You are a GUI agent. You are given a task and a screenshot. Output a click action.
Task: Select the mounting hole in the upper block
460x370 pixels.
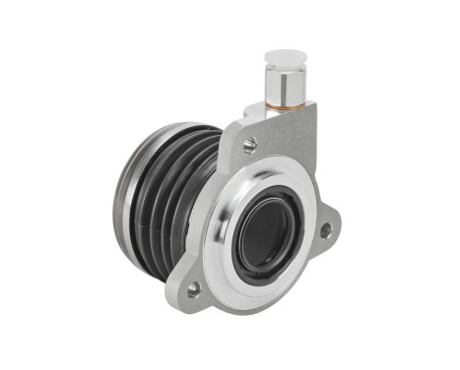250,145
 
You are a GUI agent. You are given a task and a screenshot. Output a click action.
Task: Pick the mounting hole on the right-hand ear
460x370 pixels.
325,229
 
